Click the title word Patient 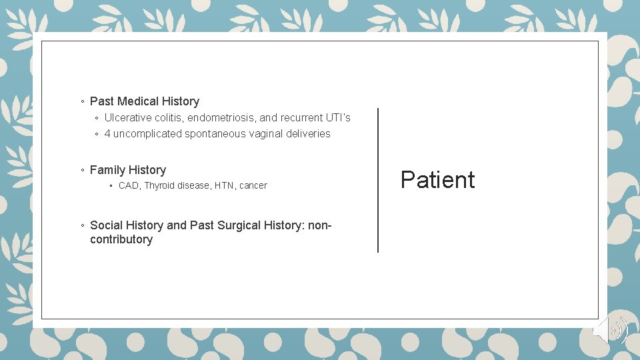coord(437,180)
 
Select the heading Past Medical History coord(144,101)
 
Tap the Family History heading coord(127,170)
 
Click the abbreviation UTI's coord(338,117)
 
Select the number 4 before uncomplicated coord(107,133)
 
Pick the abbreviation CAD coord(129,185)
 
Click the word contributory coord(121,239)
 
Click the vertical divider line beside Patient coord(378,180)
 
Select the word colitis coord(169,117)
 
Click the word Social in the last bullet coord(106,225)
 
